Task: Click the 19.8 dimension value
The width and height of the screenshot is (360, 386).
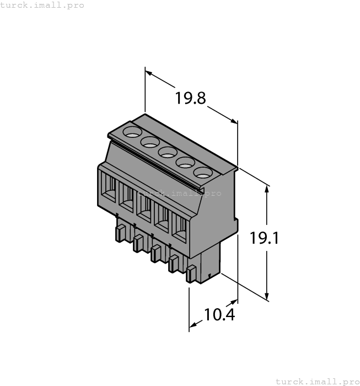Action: tap(190, 99)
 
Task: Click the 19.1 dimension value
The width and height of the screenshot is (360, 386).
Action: tap(265, 239)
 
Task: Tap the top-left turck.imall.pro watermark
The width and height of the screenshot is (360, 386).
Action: tap(42, 5)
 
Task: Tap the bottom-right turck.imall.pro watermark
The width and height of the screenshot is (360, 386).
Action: tap(317, 381)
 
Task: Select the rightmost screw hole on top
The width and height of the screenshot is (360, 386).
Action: tap(203, 172)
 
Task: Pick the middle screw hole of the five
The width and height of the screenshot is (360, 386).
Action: tap(168, 152)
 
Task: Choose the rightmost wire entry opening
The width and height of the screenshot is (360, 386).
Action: tap(180, 226)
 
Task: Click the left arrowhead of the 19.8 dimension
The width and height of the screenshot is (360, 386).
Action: tap(148, 72)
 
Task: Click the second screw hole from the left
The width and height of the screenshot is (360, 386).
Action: tap(150, 142)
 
